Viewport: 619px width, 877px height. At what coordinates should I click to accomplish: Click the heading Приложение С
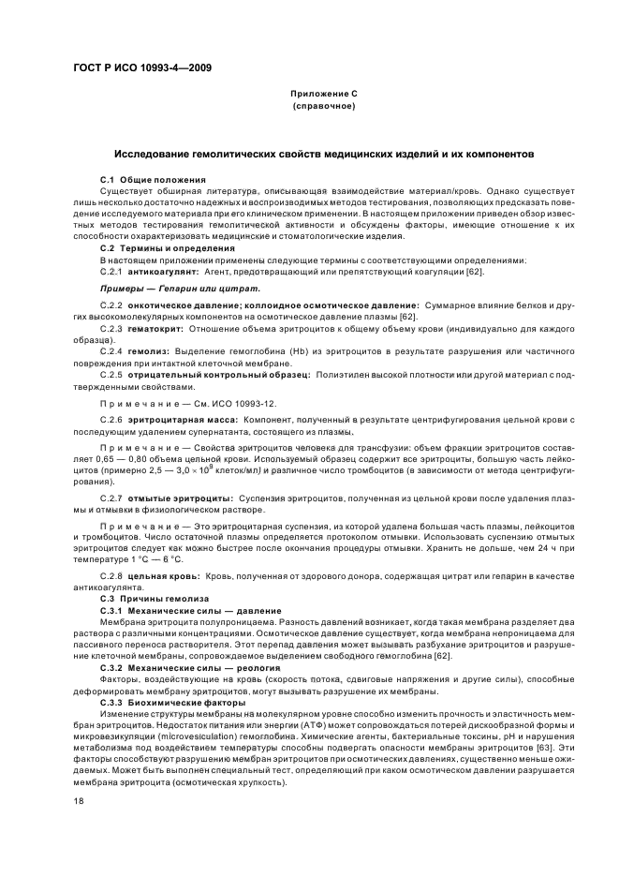tap(324, 95)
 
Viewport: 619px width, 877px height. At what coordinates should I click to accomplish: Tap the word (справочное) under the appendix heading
tap(324, 107)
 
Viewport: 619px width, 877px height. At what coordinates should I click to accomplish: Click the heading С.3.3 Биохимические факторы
tap(167, 702)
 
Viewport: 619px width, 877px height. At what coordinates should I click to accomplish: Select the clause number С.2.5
tap(112, 374)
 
